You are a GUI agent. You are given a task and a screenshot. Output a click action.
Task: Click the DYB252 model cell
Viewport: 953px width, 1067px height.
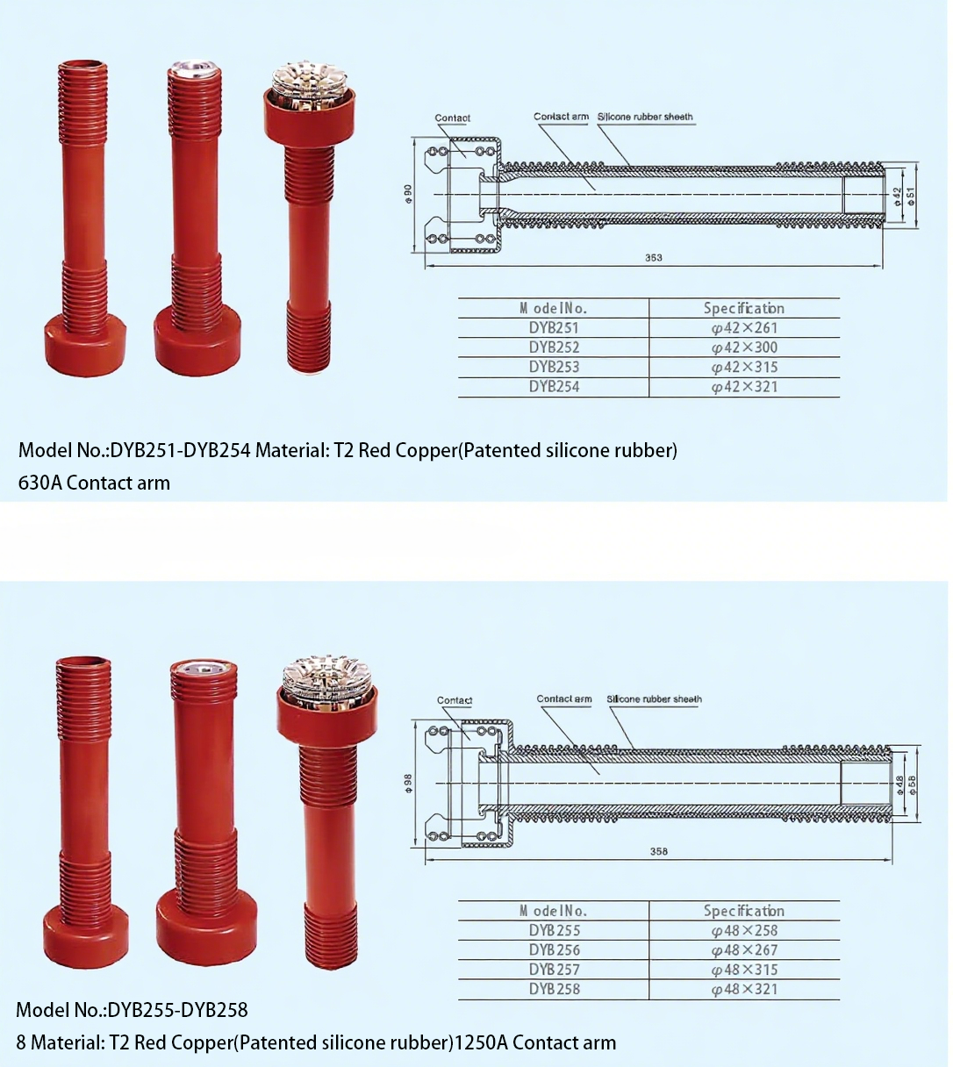tap(554, 347)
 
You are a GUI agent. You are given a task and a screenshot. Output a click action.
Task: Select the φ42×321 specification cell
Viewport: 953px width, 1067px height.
tap(744, 387)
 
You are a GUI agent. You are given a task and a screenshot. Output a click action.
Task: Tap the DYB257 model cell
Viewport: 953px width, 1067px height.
tap(555, 970)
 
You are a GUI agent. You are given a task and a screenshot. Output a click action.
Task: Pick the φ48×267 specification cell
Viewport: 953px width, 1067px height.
tap(744, 950)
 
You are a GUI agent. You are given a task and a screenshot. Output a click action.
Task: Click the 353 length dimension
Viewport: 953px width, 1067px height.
tap(653, 257)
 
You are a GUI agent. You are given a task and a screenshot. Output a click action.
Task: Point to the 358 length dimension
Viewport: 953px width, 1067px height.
tap(658, 851)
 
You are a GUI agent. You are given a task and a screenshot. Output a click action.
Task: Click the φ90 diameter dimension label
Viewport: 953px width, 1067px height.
tap(408, 193)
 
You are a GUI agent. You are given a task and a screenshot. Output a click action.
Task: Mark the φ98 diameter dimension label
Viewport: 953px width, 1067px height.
tap(409, 783)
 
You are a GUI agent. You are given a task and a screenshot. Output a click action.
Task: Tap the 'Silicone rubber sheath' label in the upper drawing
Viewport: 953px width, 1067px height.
tap(645, 117)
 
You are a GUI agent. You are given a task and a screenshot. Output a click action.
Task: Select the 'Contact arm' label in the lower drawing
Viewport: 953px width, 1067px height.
tap(563, 698)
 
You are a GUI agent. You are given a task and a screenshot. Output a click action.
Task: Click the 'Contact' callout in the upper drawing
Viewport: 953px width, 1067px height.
tap(453, 118)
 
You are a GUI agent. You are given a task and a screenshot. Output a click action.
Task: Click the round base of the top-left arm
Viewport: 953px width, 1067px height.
tap(85, 345)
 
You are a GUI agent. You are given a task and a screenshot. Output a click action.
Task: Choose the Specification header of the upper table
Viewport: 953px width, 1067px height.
tap(744, 308)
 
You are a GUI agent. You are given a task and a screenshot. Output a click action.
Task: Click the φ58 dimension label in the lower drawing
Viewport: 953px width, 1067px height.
tap(913, 784)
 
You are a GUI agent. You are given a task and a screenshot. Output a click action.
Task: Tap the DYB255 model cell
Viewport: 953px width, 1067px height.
tap(555, 931)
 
